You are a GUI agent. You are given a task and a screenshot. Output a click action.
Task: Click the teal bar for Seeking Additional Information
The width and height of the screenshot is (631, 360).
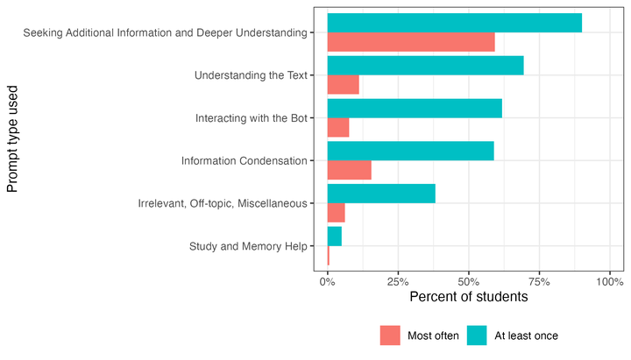coord(454,23)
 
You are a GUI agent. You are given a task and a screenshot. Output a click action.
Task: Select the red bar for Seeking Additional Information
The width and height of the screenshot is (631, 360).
coord(410,42)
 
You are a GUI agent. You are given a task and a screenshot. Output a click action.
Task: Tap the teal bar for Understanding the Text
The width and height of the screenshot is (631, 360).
coord(425,65)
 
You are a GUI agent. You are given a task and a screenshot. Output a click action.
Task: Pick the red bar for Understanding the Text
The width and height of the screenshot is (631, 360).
coord(343,84)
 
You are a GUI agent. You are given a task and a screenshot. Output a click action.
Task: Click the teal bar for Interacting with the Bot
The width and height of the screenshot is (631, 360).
coord(415,108)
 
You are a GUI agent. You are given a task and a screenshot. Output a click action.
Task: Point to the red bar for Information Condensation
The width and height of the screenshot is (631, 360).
coord(349,170)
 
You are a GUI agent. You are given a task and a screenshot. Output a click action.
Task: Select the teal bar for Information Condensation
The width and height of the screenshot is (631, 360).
coord(410,151)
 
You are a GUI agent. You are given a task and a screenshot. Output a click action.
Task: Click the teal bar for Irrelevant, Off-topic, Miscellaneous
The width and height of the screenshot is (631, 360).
coord(381,194)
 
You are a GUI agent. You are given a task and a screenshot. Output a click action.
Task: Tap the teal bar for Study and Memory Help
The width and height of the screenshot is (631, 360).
coord(334,236)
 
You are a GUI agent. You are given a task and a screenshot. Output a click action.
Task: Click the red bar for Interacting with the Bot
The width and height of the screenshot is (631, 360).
coord(337,127)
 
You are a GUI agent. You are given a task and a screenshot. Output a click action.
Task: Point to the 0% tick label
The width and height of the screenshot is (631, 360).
coord(328,282)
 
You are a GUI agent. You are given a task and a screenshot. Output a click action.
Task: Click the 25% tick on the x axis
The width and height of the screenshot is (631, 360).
coord(398,282)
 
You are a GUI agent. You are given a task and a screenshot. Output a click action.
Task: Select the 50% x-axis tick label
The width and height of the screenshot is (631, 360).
coord(469,282)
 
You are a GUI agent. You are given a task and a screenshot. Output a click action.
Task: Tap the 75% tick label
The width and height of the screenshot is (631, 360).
coord(539,282)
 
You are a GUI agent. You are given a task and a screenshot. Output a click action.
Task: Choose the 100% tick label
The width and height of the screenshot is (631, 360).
coord(608,282)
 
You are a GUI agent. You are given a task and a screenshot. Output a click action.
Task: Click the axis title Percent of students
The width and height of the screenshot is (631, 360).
coord(468,298)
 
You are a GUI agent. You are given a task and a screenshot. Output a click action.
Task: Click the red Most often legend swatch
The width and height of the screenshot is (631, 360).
coord(389,335)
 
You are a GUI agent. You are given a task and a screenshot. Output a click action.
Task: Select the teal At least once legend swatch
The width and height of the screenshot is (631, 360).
coord(476,335)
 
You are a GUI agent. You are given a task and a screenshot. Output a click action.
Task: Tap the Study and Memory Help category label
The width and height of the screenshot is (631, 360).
coord(248,246)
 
